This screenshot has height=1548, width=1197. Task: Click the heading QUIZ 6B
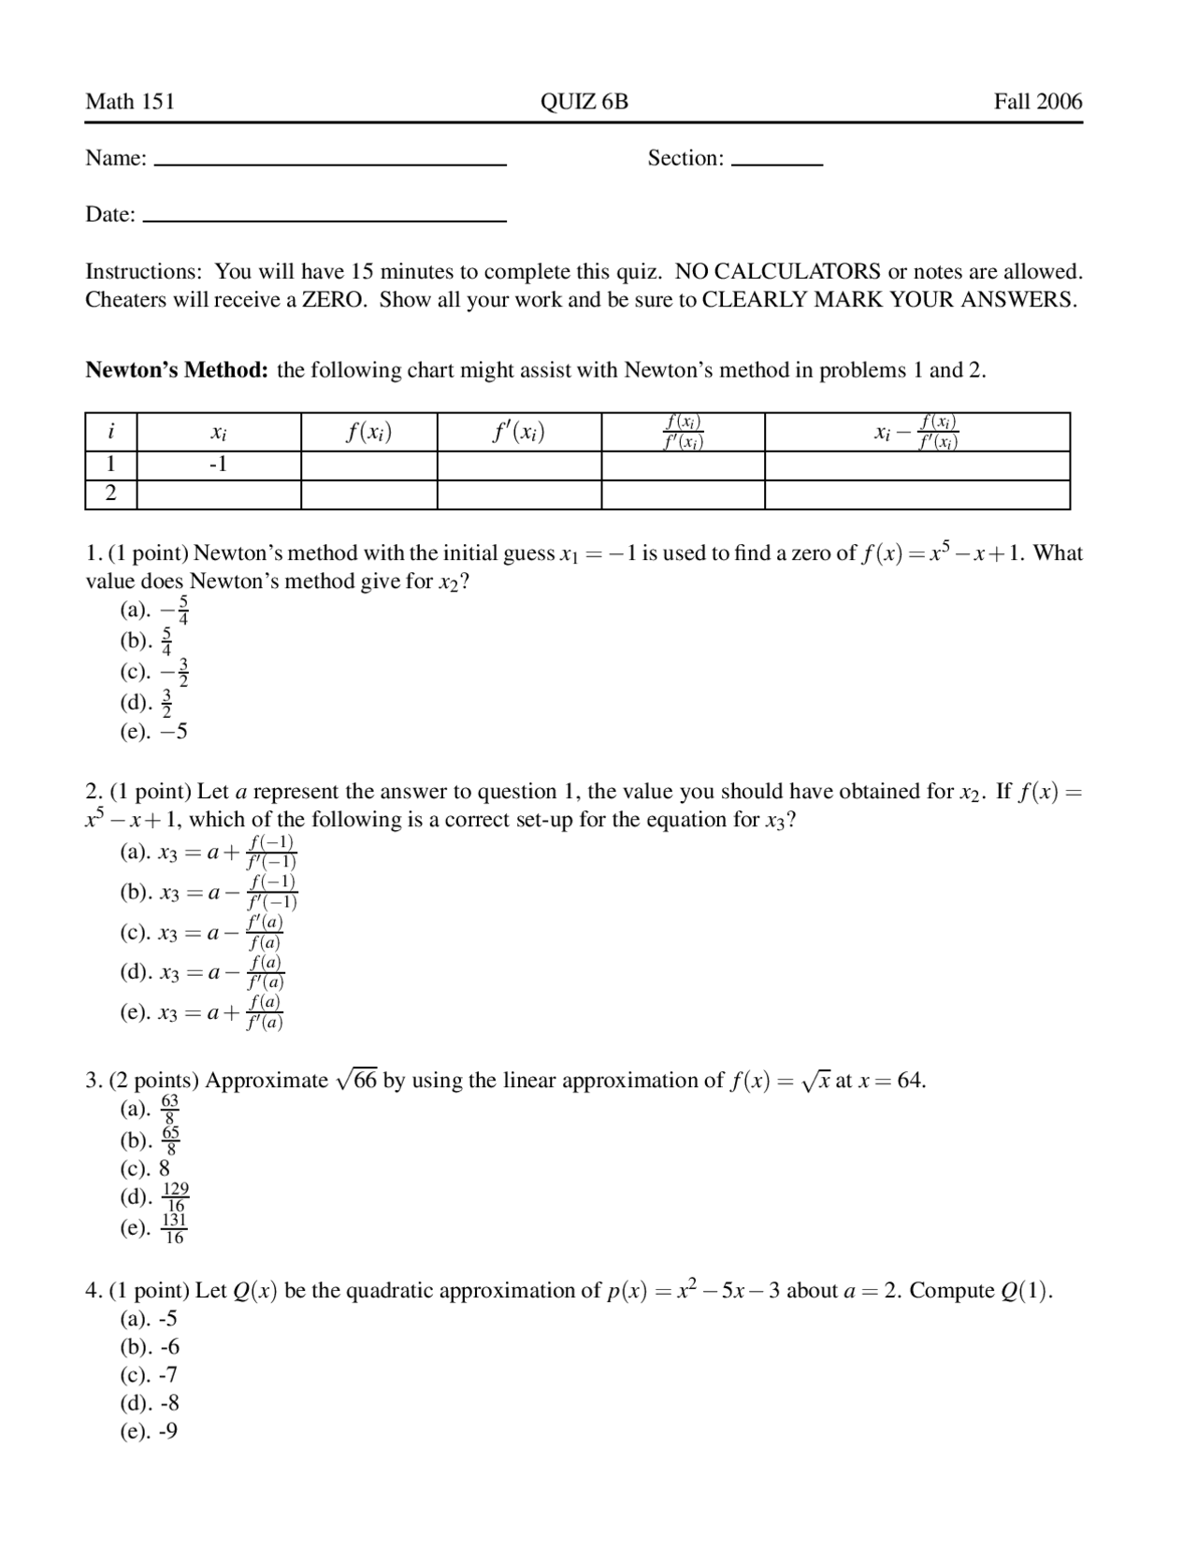[x=584, y=102]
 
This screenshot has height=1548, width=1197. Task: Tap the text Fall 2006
[x=1037, y=102]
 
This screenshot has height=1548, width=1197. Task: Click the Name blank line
[x=329, y=163]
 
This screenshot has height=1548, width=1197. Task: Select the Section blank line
[x=776, y=163]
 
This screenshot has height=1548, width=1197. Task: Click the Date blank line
[x=324, y=219]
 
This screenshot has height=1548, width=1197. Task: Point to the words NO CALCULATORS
[x=777, y=272]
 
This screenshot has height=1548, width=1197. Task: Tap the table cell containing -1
[x=218, y=465]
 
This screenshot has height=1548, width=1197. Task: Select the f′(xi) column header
[x=518, y=432]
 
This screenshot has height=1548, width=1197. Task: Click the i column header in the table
[x=110, y=432]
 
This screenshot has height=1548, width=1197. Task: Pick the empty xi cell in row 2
[x=218, y=494]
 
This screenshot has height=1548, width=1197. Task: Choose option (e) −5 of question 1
[x=154, y=732]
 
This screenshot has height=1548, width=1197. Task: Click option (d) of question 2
[x=202, y=972]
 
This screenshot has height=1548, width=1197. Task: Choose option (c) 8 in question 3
[x=146, y=1168]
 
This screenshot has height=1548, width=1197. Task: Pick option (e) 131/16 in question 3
[x=154, y=1228]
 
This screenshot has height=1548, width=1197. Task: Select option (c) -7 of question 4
[x=149, y=1375]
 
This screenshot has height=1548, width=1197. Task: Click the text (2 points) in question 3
[x=154, y=1081]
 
